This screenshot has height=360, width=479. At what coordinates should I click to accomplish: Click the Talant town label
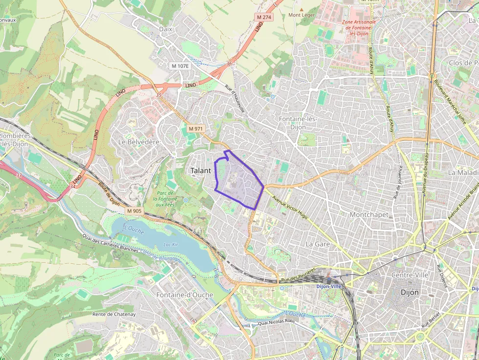(200, 170)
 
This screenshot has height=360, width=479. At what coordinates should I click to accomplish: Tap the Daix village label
(166, 29)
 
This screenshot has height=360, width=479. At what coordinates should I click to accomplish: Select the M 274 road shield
(264, 17)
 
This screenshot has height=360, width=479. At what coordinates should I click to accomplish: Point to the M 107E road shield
(180, 65)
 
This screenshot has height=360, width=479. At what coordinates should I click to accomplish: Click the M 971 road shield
(196, 128)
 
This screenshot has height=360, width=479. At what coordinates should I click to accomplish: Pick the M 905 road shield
(134, 211)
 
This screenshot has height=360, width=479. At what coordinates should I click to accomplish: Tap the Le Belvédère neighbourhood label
(139, 142)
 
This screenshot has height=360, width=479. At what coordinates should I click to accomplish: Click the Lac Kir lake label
(171, 244)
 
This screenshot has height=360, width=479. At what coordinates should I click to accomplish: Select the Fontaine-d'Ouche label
(185, 295)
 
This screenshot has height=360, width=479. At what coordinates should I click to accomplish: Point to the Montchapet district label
(369, 214)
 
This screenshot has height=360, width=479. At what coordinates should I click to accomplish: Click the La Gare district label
(318, 244)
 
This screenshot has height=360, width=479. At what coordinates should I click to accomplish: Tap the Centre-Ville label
(410, 275)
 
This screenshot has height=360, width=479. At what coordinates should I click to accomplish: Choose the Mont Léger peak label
(302, 15)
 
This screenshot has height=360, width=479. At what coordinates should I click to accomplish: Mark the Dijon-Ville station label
(329, 286)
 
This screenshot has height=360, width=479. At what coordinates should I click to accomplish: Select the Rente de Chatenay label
(114, 314)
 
